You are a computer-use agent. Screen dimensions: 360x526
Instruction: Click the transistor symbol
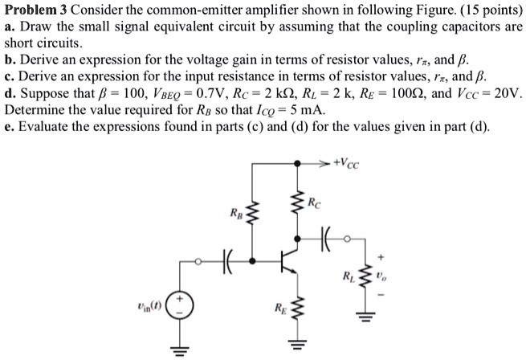pos(287,260)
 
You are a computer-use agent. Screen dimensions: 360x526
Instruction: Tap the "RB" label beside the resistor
pos(235,214)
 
